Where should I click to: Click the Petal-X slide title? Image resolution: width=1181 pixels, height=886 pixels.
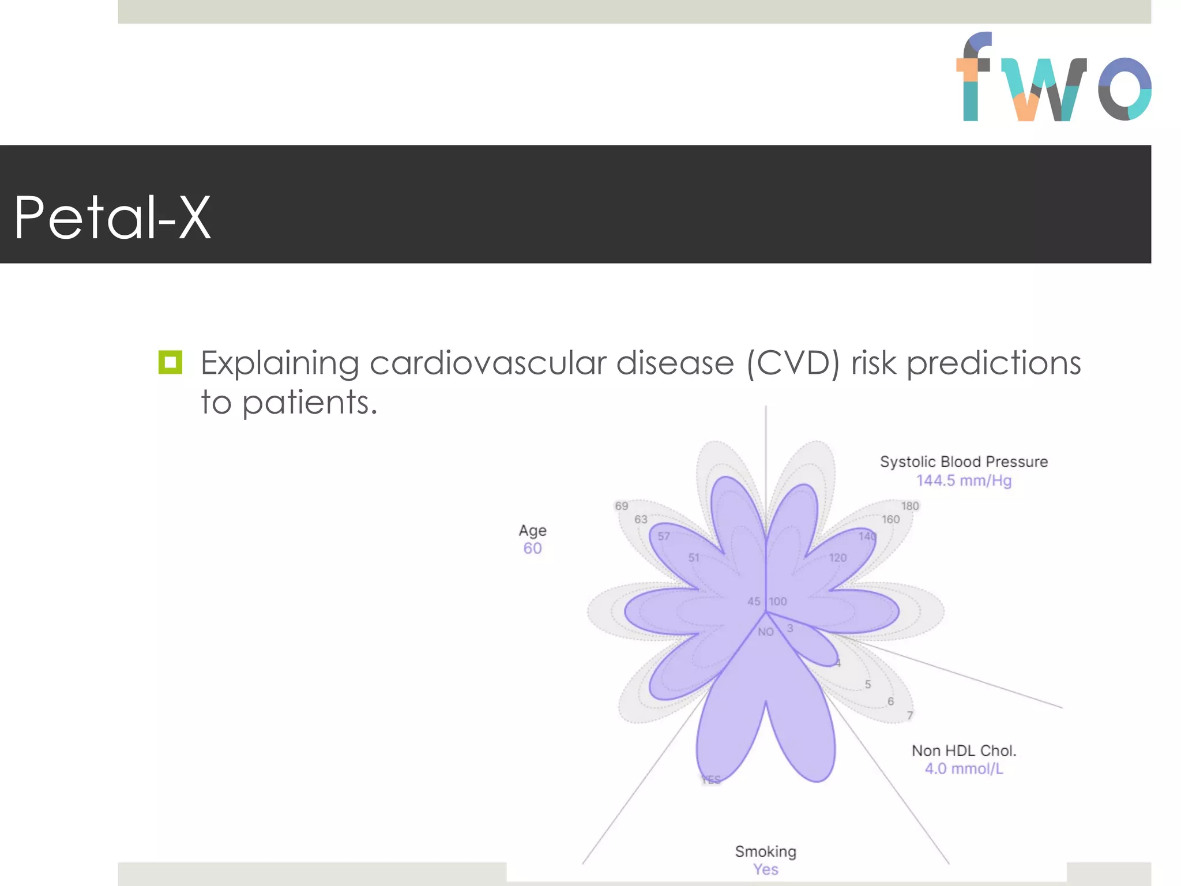[x=112, y=217]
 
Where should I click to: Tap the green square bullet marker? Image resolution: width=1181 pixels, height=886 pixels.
[x=170, y=362]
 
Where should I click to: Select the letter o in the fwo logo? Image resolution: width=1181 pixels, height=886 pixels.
[x=1124, y=88]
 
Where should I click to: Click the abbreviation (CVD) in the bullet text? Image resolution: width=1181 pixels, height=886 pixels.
[x=793, y=363]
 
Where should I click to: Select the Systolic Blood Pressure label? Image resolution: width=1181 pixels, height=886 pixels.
[x=964, y=461]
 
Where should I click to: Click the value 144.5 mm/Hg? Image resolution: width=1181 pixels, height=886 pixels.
[x=964, y=480]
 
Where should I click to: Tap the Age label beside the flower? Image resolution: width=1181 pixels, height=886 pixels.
[x=532, y=530]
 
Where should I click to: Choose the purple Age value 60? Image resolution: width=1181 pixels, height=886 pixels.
[x=532, y=549]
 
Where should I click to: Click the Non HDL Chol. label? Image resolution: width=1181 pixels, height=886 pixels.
[x=964, y=750]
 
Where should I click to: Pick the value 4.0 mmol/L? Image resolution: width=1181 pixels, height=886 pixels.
[x=964, y=769]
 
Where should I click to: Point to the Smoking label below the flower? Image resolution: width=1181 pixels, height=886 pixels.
[x=765, y=851]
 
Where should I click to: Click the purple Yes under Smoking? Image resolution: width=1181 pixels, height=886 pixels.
[x=765, y=869]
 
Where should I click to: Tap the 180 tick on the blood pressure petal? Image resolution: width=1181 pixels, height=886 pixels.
[x=910, y=506]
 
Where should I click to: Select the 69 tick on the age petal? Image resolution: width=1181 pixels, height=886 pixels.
[x=621, y=506]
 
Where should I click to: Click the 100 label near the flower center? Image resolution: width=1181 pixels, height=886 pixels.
[x=777, y=601]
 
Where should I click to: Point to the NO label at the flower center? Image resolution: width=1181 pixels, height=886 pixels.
[x=765, y=632]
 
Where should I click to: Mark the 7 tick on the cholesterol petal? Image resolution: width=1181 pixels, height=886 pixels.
[x=910, y=715]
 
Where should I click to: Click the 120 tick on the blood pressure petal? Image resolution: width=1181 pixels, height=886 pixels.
[x=837, y=558]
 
